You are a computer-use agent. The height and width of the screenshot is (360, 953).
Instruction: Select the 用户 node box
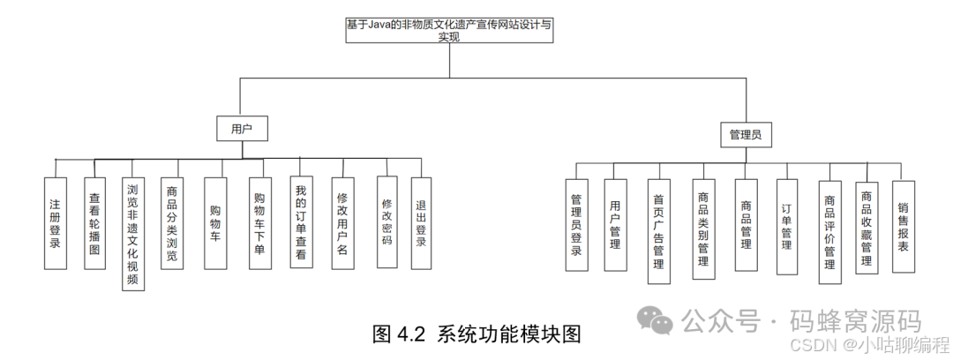[242, 129]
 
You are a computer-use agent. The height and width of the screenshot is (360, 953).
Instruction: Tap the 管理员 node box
[745, 135]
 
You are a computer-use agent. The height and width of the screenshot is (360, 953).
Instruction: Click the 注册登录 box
[55, 223]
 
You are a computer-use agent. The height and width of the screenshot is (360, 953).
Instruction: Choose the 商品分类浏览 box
[172, 223]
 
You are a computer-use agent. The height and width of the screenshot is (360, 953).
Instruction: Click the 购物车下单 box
[259, 223]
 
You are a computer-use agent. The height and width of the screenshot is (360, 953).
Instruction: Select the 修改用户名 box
[343, 223]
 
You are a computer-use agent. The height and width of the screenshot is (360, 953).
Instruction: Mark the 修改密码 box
[386, 221]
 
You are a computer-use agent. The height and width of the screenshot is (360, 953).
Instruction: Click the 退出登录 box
[421, 223]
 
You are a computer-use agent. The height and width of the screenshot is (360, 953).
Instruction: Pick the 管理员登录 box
[576, 225]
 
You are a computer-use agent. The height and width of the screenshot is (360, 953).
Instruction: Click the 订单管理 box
[786, 227]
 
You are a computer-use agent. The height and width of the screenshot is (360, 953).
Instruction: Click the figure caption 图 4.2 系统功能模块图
[476, 334]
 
